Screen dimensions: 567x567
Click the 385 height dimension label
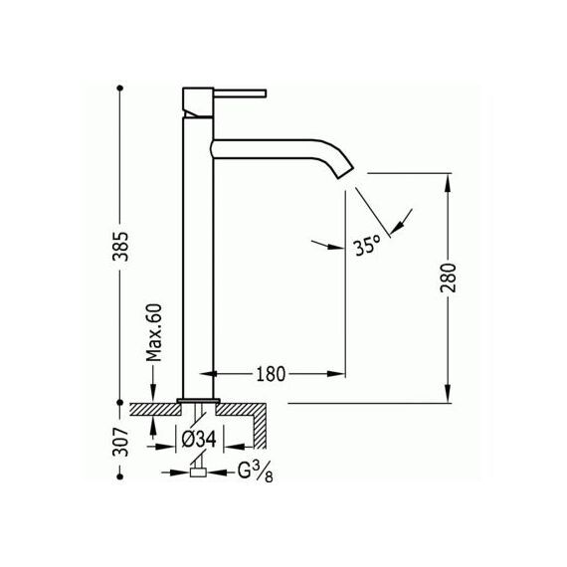(120, 247)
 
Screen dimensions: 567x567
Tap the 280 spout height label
(449, 278)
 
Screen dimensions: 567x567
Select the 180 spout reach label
(271, 374)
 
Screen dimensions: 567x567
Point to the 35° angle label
(367, 246)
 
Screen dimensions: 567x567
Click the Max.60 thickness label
(154, 332)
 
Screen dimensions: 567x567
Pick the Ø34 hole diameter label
(199, 440)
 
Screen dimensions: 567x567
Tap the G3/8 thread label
(255, 472)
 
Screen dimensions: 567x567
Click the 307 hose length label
(120, 442)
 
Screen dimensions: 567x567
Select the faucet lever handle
(240, 93)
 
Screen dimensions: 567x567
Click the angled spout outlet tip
(345, 173)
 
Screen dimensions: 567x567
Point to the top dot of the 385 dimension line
(120, 88)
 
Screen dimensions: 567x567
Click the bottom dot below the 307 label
(120, 476)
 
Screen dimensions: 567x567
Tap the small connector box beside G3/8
(198, 472)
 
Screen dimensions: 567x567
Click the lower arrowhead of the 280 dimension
(449, 393)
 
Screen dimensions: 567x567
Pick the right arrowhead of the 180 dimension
(336, 374)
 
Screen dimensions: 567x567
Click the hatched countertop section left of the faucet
(155, 410)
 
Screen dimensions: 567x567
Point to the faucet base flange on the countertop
(199, 400)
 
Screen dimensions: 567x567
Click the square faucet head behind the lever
(198, 102)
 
